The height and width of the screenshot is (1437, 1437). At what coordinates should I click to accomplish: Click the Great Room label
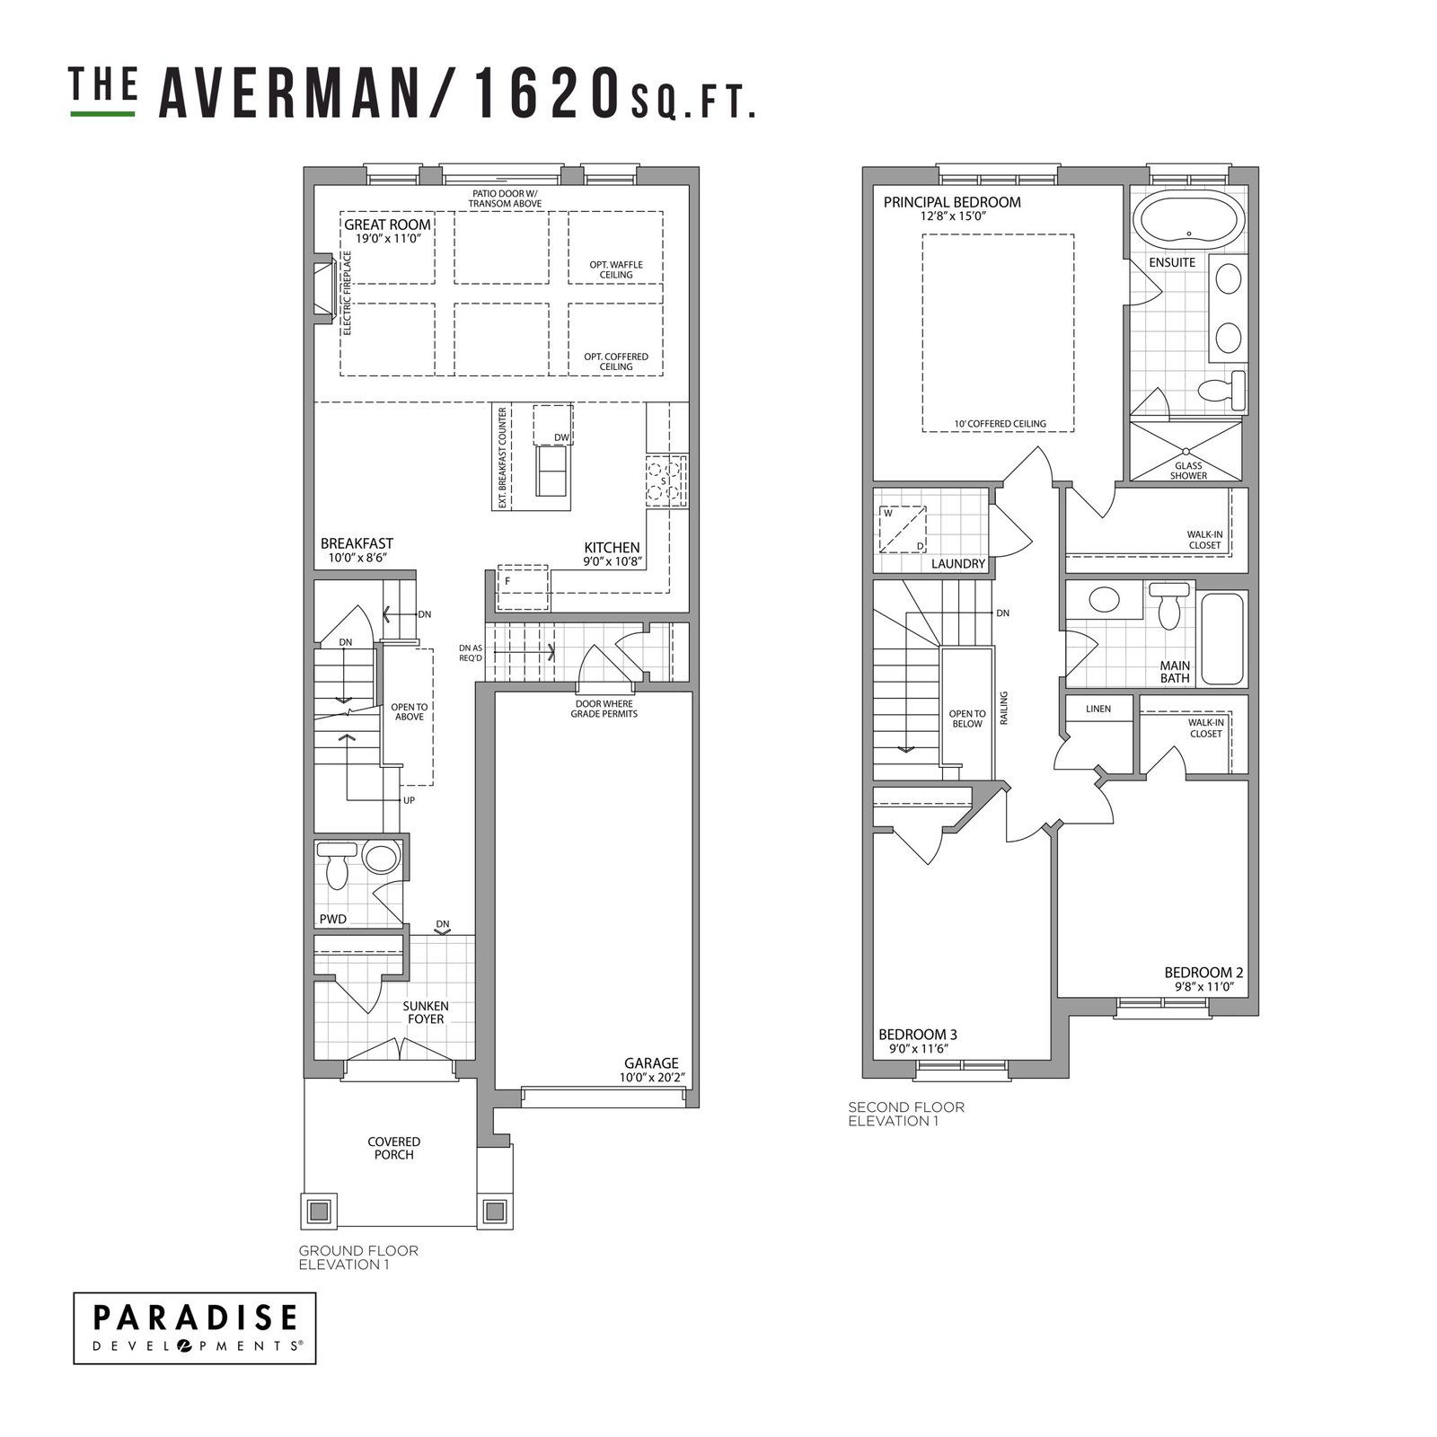click(x=387, y=225)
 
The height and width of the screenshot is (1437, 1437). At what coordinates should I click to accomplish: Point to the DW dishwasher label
click(x=561, y=437)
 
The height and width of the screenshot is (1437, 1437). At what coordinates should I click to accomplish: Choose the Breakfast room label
click(x=357, y=543)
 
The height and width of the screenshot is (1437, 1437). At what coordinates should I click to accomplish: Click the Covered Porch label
click(x=393, y=1148)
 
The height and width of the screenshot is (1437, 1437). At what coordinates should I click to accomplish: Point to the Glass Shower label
click(x=1188, y=471)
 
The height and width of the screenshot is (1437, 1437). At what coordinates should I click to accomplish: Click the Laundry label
click(x=958, y=564)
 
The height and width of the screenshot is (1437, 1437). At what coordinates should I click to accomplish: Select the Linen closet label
click(x=1098, y=709)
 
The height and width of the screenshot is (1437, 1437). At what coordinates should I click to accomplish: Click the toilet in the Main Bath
click(x=1169, y=606)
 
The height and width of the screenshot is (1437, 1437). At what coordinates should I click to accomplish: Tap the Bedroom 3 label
click(x=917, y=1034)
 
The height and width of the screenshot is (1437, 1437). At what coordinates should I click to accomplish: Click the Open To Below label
click(x=967, y=718)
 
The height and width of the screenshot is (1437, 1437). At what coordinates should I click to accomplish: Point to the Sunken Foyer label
click(x=426, y=1012)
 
